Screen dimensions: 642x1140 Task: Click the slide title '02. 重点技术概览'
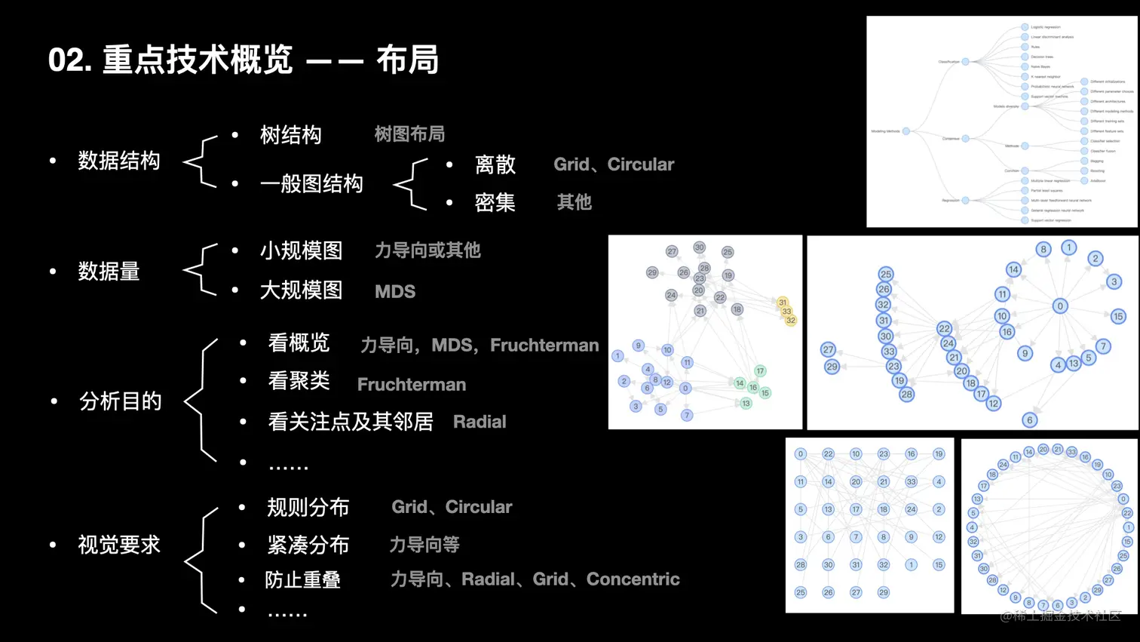[170, 60]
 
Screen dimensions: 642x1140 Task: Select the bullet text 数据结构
[119, 161]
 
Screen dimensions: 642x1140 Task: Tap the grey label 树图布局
[409, 134]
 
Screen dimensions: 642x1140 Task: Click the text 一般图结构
[311, 183]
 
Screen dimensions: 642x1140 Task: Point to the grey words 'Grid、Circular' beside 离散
[614, 164]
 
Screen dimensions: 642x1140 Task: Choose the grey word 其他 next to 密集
[575, 202]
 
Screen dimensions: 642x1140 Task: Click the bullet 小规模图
[301, 250]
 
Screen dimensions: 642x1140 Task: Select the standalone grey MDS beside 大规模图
[395, 292]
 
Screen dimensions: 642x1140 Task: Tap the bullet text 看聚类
[299, 381]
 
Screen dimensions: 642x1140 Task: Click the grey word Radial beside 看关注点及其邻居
[480, 422]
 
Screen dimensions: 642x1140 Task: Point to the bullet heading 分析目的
[121, 401]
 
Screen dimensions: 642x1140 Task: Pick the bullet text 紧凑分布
[308, 545]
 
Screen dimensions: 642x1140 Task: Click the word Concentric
[633, 579]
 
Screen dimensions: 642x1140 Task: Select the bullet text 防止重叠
[302, 579]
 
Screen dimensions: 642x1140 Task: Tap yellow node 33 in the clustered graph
[786, 311]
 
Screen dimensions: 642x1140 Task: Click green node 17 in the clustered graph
[760, 370]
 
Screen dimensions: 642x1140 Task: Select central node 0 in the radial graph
[1060, 306]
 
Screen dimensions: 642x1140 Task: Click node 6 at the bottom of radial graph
[1030, 420]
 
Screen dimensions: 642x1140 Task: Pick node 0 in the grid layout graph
[801, 454]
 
